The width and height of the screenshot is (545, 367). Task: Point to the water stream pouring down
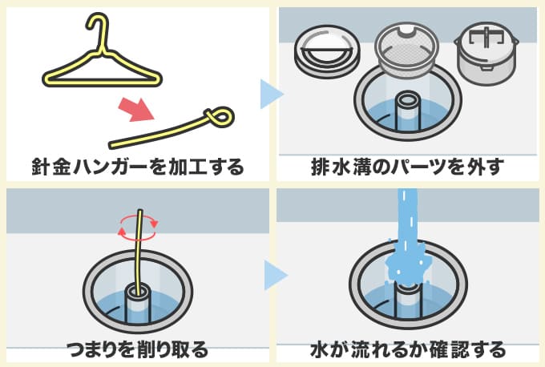(406, 224)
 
